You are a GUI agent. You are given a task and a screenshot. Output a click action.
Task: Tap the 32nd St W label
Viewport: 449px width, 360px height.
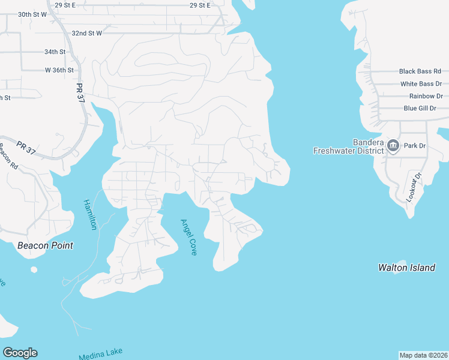[87, 33]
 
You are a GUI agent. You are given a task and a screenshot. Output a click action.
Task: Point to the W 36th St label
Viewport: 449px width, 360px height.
[59, 70]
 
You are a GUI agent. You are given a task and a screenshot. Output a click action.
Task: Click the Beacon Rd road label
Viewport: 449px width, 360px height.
[8, 155]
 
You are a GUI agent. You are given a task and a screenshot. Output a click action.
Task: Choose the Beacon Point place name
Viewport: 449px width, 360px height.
[45, 245]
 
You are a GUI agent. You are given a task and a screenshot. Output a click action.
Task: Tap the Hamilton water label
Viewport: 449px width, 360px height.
[89, 214]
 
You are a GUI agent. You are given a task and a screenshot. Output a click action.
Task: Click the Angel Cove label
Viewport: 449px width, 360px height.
[188, 237]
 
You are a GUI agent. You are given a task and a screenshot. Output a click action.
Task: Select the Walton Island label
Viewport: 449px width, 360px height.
[406, 268]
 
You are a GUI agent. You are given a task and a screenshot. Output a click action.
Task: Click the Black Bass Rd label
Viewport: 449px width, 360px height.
[420, 71]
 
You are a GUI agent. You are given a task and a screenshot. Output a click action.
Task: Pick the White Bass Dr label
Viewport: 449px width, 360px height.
[421, 84]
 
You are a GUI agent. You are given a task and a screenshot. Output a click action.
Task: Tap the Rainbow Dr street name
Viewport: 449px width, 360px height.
[426, 96]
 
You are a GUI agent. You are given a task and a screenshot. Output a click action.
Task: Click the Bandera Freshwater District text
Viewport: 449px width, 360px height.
[349, 146]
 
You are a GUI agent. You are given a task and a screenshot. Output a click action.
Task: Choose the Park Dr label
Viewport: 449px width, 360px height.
[414, 146]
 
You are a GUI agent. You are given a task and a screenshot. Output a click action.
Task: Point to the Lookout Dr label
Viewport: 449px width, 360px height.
[412, 186]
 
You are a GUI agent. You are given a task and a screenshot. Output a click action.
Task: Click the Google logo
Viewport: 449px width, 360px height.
[20, 353]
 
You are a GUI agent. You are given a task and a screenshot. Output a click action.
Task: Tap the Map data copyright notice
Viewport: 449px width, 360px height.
[423, 355]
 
